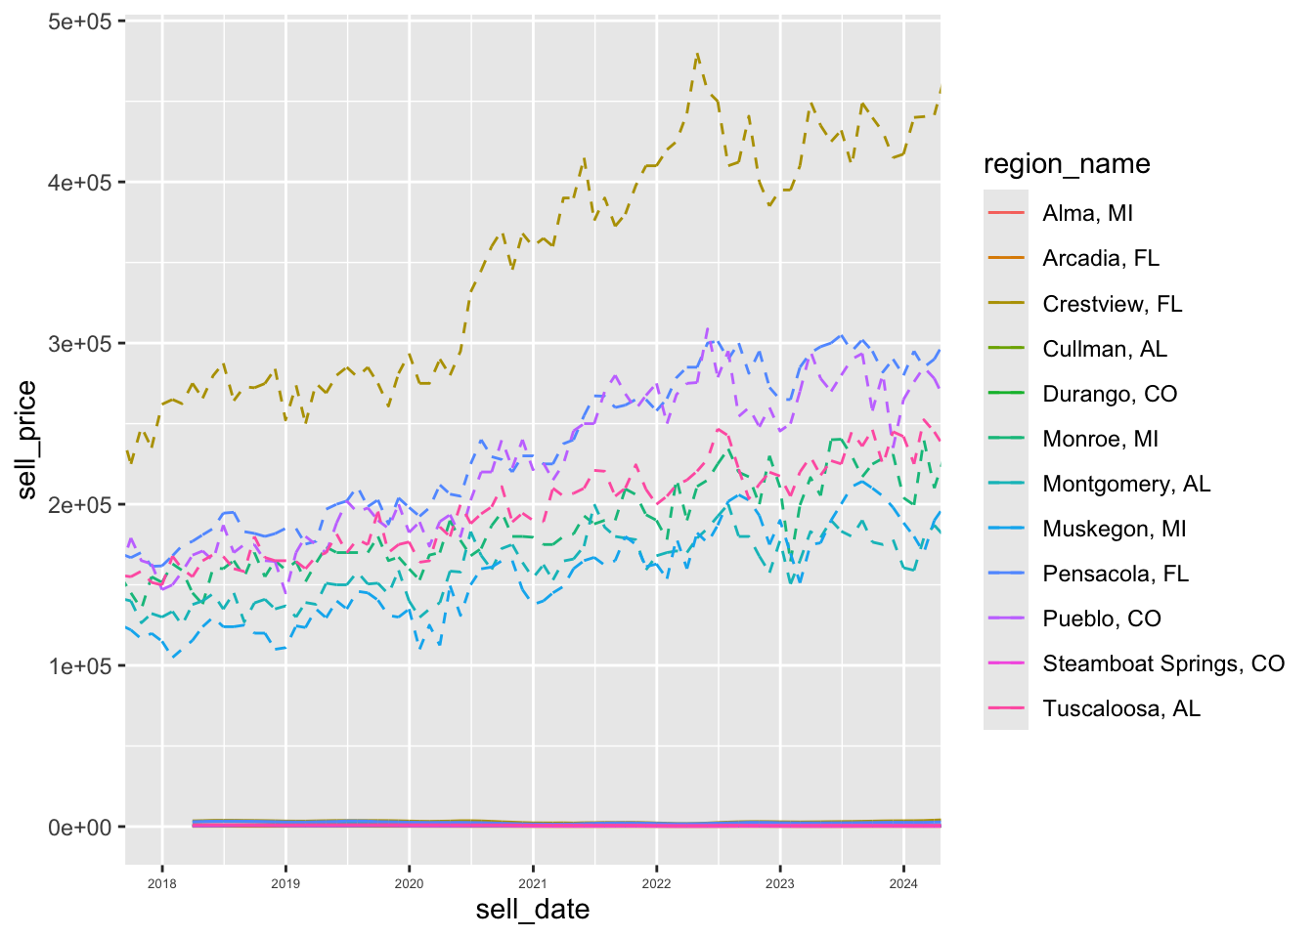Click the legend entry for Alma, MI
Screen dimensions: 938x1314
click(x=1087, y=213)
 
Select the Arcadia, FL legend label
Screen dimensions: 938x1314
click(x=1100, y=258)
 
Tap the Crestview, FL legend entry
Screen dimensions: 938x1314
click(x=1112, y=304)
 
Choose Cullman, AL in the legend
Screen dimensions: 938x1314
click(x=1105, y=349)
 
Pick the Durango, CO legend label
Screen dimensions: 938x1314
click(x=1110, y=394)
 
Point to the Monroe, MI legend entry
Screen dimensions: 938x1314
click(x=1100, y=439)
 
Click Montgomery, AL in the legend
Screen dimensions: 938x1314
click(x=1126, y=484)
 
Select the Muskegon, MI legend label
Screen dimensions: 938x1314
click(x=1114, y=529)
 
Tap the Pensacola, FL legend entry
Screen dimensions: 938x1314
click(x=1116, y=574)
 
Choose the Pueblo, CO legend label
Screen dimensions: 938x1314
click(x=1102, y=618)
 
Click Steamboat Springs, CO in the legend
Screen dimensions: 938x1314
click(x=1163, y=663)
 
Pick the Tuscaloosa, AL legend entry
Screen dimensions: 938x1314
click(x=1121, y=708)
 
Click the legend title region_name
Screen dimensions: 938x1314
click(x=1067, y=164)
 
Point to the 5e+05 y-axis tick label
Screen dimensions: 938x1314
click(x=80, y=21)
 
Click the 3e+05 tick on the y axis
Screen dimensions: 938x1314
click(x=80, y=344)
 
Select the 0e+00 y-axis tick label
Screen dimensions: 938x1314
click(x=80, y=828)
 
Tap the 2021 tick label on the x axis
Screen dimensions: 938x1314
click(x=533, y=884)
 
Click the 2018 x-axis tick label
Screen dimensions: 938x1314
click(x=162, y=884)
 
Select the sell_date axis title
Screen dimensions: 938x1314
click(x=533, y=910)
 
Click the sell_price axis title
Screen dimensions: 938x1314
click(x=26, y=440)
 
